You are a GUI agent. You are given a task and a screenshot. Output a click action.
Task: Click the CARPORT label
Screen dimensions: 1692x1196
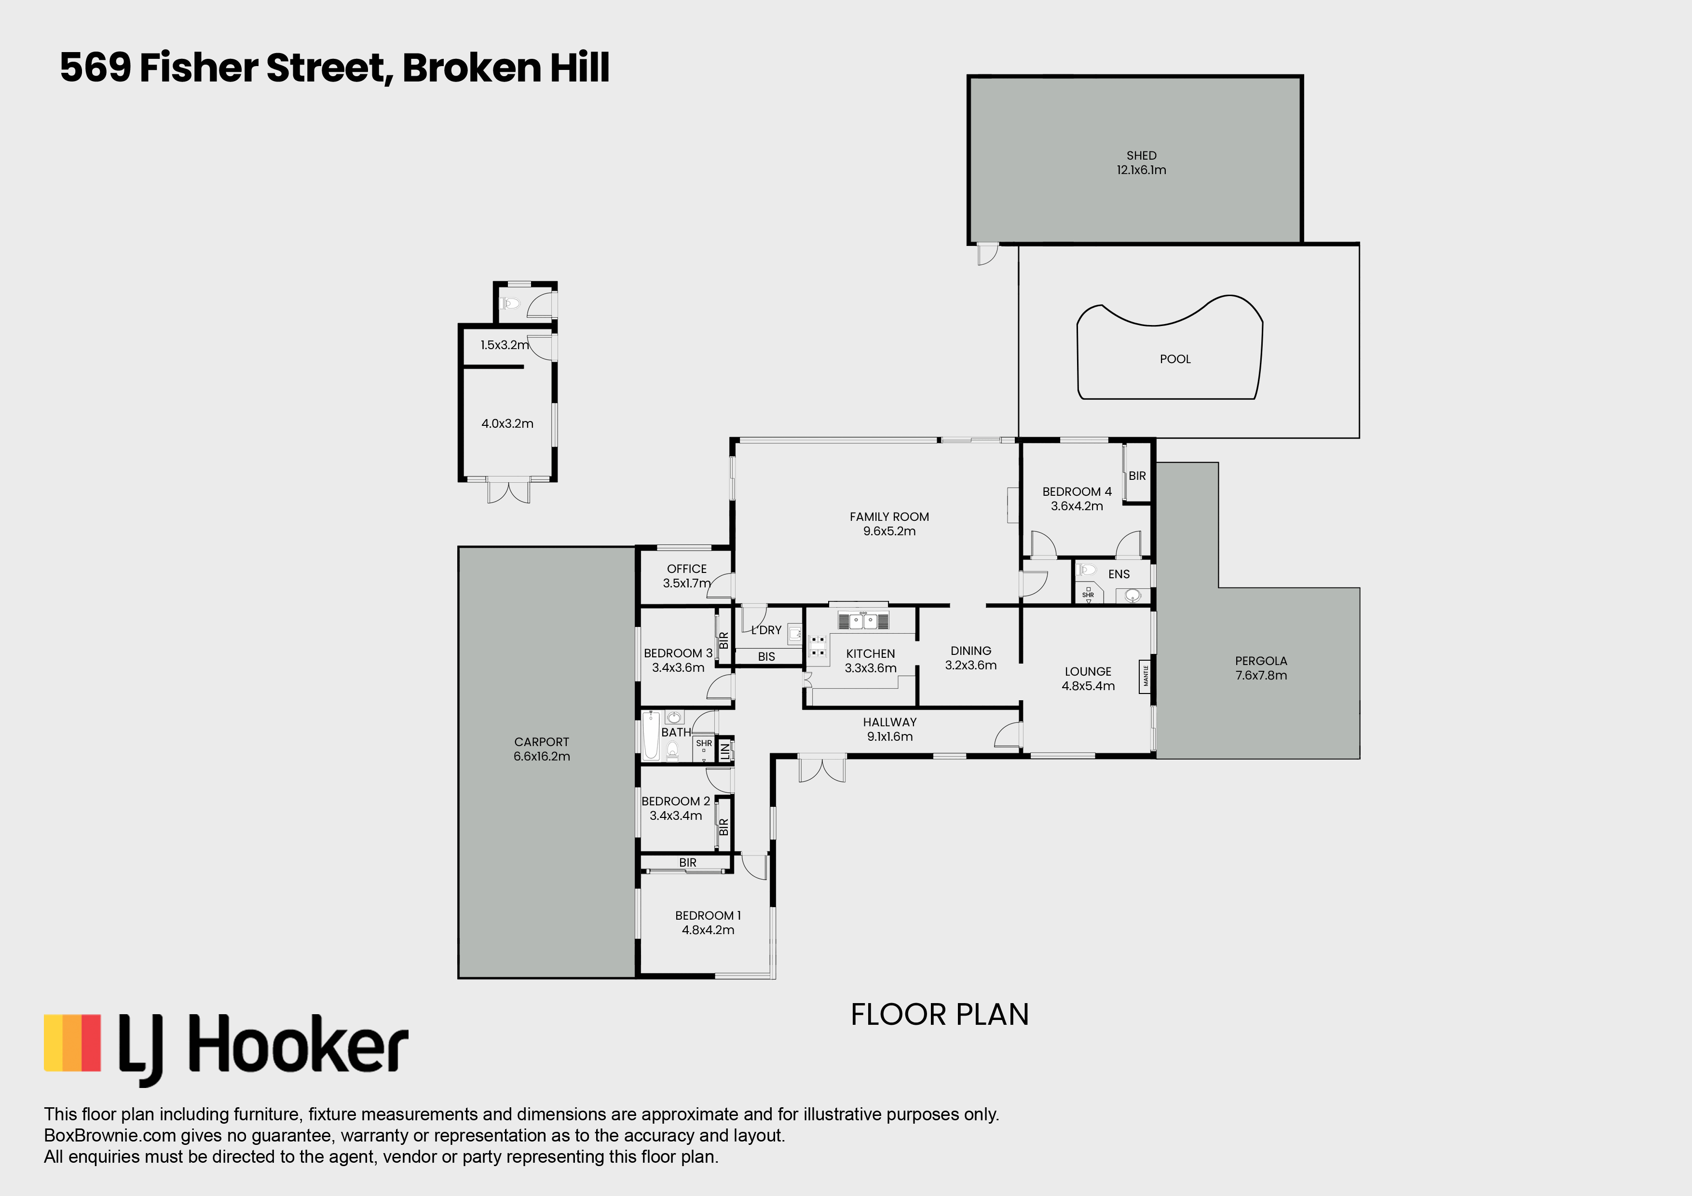coord(542,742)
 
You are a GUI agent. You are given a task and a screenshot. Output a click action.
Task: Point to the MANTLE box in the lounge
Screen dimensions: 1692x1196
coord(1145,676)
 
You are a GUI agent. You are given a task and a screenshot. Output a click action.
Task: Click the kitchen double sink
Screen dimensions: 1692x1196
coord(863,621)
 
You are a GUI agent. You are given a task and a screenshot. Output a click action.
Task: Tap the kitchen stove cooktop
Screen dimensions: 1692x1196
coord(817,646)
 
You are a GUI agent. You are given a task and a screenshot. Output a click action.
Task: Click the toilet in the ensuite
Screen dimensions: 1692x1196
coord(1086,570)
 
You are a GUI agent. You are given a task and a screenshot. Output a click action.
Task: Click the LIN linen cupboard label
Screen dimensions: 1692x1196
coord(725,751)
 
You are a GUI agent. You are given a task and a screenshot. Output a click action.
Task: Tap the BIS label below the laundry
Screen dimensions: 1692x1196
coord(766,656)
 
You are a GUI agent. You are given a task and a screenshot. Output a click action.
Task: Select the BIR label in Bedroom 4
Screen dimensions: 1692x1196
coord(1137,476)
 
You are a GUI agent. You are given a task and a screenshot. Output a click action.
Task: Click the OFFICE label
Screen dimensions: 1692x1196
coord(687,569)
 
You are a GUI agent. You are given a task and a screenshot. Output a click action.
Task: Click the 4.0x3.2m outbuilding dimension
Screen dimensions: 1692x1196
coord(507,424)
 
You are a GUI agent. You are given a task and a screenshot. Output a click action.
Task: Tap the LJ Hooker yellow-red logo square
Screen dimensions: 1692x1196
coord(72,1043)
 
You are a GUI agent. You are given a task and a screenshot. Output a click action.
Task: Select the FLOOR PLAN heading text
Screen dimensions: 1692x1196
coord(940,1015)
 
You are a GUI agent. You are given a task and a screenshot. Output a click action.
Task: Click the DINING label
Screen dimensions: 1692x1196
coord(970,651)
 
